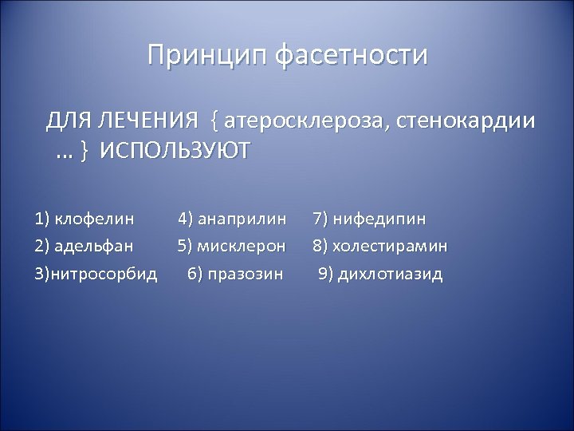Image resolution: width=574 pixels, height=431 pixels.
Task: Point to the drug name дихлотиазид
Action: click(x=391, y=275)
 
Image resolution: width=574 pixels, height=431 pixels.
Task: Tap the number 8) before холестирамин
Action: click(x=320, y=247)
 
